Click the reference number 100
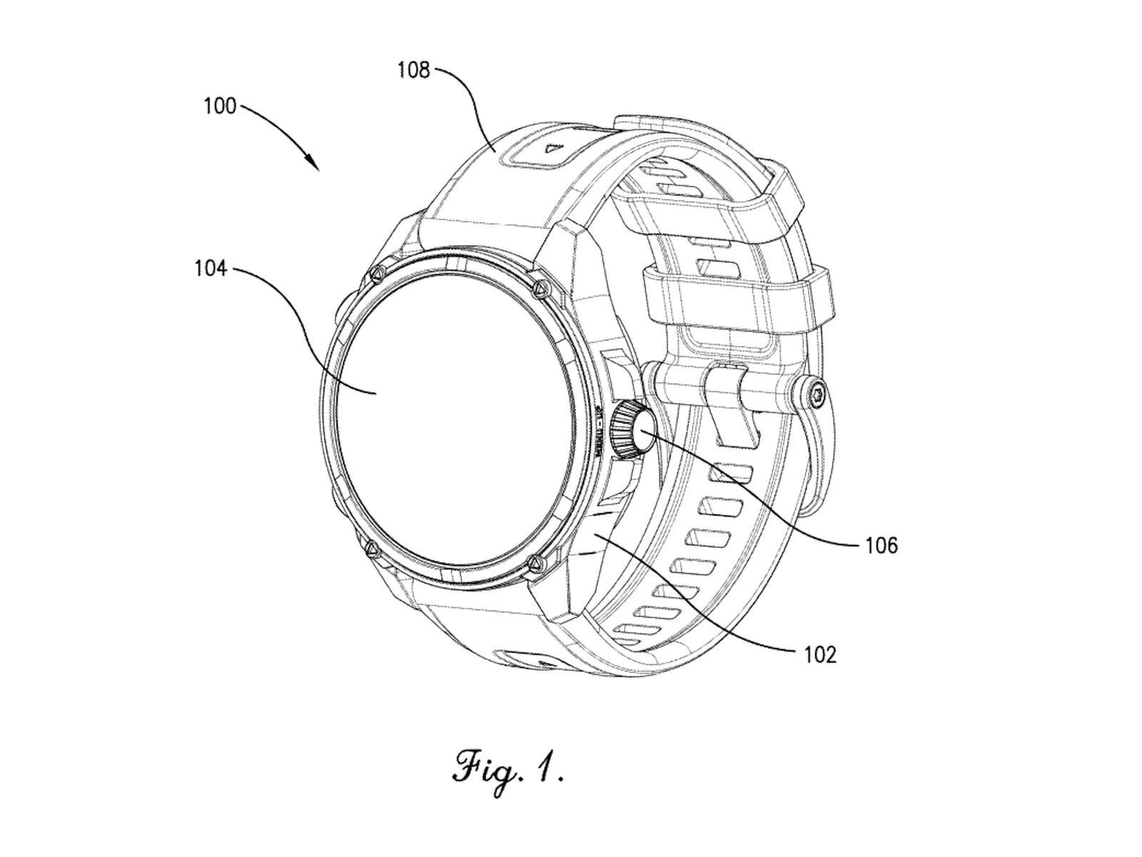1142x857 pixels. (x=219, y=106)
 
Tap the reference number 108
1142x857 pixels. (x=414, y=71)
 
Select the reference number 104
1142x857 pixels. (x=211, y=269)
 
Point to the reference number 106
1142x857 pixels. (x=881, y=546)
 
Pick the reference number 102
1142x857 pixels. (x=819, y=653)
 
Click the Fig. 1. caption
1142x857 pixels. (x=508, y=768)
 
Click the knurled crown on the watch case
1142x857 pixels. (x=630, y=428)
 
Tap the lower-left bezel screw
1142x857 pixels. (x=370, y=548)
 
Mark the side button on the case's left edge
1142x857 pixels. (x=339, y=314)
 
